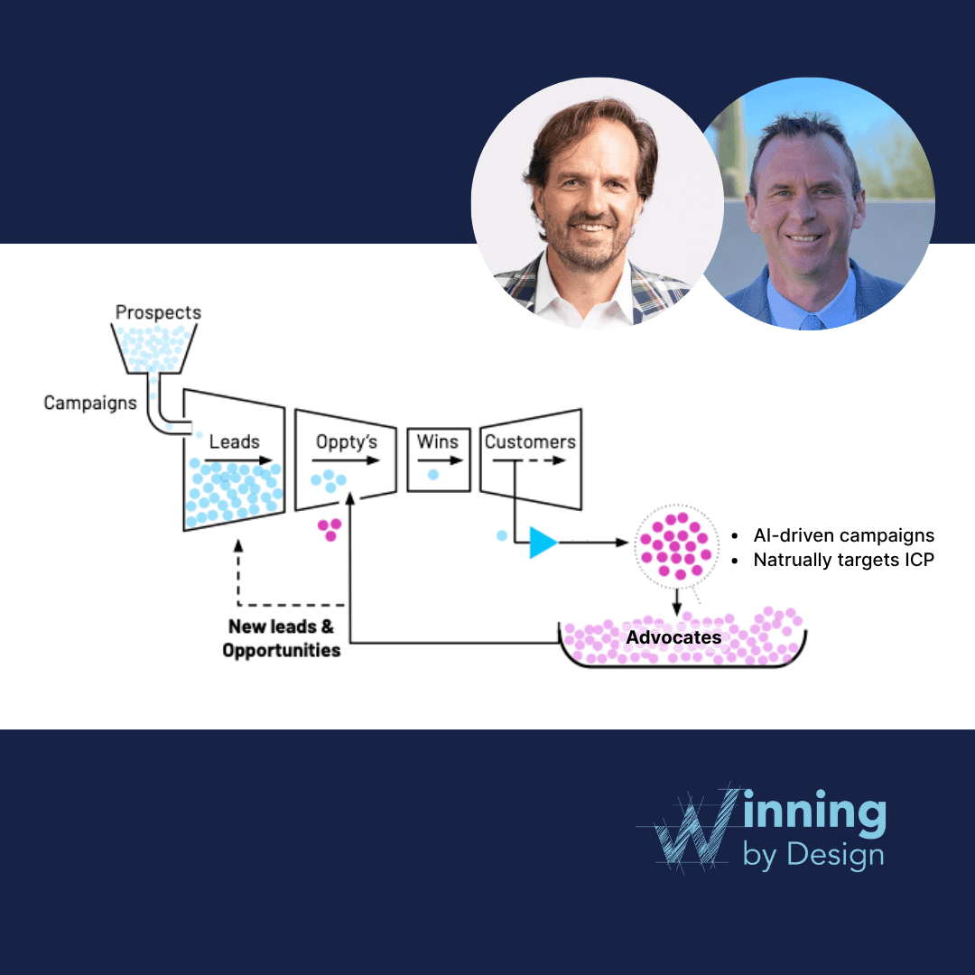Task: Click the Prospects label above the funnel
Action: point(158,312)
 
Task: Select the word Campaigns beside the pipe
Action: point(90,403)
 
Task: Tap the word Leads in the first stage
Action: point(234,441)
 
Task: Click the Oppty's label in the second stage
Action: point(347,441)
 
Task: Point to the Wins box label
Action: point(438,441)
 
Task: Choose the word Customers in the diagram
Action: point(530,441)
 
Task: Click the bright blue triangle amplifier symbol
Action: point(543,542)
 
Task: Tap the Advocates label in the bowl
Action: point(673,637)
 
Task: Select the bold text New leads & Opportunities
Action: point(282,638)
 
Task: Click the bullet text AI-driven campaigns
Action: point(843,535)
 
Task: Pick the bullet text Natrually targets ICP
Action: point(843,560)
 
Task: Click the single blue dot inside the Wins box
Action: point(433,474)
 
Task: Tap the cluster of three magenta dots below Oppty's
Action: point(330,528)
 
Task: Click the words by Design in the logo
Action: point(812,853)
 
